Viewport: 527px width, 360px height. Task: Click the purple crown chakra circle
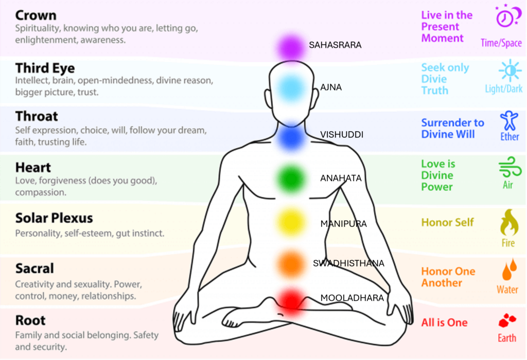tap(290, 47)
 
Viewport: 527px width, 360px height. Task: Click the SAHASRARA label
tap(335, 45)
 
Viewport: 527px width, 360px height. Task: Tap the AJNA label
tap(331, 87)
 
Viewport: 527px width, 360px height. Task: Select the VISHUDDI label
tap(342, 135)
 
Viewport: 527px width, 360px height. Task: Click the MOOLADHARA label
tap(352, 298)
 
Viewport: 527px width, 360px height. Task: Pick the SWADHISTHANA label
tap(348, 263)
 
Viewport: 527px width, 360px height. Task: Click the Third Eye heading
tap(45, 68)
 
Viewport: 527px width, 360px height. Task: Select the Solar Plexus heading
tap(54, 218)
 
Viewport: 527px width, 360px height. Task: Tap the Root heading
tap(30, 320)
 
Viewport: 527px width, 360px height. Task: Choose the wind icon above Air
tap(508, 167)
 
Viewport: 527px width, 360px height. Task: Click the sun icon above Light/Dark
tap(509, 70)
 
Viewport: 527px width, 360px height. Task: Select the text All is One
tap(445, 323)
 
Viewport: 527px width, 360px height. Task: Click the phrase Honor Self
tap(447, 223)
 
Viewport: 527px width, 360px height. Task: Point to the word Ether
tap(510, 137)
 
